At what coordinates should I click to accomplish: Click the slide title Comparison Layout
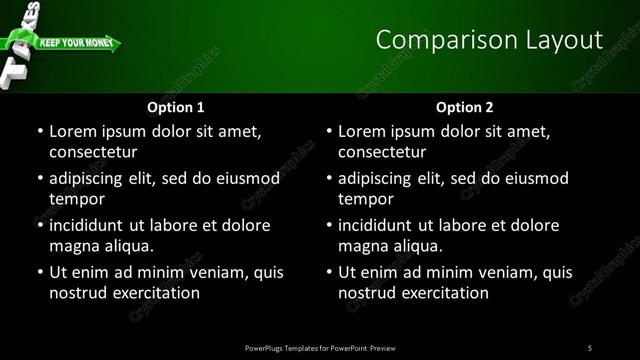(489, 40)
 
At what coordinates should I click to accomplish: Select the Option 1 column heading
(176, 107)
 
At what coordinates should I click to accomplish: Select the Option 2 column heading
(465, 107)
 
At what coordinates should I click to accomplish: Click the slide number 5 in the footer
(590, 347)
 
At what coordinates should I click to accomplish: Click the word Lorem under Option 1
(73, 131)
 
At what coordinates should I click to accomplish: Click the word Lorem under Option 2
(362, 131)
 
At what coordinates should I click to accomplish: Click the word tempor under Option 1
(76, 199)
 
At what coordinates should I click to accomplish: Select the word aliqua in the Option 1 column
(129, 246)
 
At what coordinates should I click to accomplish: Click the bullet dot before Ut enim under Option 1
(38, 272)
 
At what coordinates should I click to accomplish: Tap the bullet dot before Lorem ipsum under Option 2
(327, 131)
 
